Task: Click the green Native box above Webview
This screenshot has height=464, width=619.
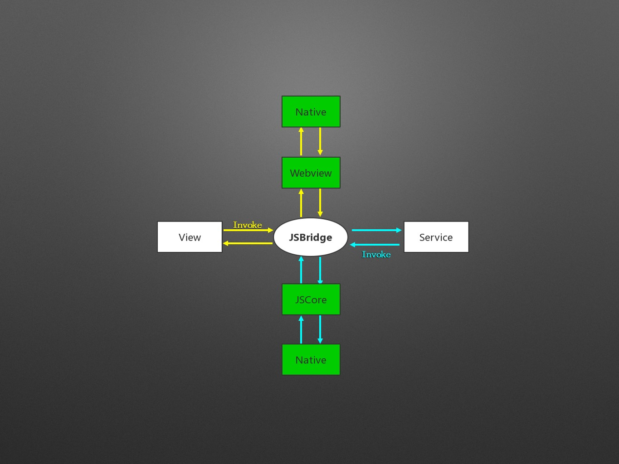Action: pos(311,111)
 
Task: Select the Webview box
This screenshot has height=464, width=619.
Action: pos(311,173)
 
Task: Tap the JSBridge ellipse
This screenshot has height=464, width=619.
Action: pos(311,237)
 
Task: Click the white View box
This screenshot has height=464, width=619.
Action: pos(190,237)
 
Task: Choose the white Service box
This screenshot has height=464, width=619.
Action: pos(436,237)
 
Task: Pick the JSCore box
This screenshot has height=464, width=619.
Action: pos(311,300)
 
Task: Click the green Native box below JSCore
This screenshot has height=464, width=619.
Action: pos(311,360)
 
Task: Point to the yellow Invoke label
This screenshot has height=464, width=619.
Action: pos(247,225)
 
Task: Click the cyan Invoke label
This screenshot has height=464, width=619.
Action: pos(376,254)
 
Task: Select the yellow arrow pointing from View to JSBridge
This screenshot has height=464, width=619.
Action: pos(248,230)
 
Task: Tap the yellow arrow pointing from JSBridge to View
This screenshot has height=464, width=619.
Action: pos(248,243)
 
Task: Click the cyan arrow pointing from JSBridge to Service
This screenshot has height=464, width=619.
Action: pos(376,230)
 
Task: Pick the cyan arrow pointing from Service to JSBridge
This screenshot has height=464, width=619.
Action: pos(375,245)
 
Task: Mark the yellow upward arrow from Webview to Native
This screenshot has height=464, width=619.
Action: pos(301,141)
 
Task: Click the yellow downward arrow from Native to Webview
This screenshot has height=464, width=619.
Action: pos(320,141)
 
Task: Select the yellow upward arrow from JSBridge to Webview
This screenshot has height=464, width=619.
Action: pos(301,203)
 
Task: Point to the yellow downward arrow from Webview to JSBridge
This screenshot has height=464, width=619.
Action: pos(320,203)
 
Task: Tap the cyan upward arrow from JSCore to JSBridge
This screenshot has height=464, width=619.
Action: pos(301,270)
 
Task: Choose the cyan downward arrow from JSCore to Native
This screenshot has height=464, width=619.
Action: pos(320,329)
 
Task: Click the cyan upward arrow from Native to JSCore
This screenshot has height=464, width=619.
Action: pos(301,329)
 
